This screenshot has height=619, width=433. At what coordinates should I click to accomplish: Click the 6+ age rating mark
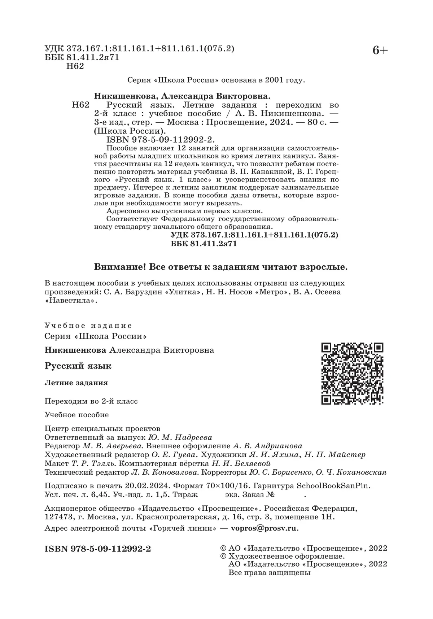(380, 51)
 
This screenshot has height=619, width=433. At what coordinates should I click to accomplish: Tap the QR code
(352, 373)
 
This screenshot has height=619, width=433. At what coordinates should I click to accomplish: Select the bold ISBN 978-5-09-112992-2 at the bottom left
(97, 549)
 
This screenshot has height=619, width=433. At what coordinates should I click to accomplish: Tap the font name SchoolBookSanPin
(333, 485)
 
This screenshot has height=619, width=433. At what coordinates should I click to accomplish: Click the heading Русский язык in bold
(78, 366)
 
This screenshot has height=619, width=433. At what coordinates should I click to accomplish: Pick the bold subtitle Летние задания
(76, 382)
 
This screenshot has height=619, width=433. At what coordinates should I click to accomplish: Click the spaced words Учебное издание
(88, 325)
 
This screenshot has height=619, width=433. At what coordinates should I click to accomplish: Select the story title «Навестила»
(71, 300)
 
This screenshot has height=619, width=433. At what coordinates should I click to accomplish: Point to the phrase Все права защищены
(270, 572)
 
